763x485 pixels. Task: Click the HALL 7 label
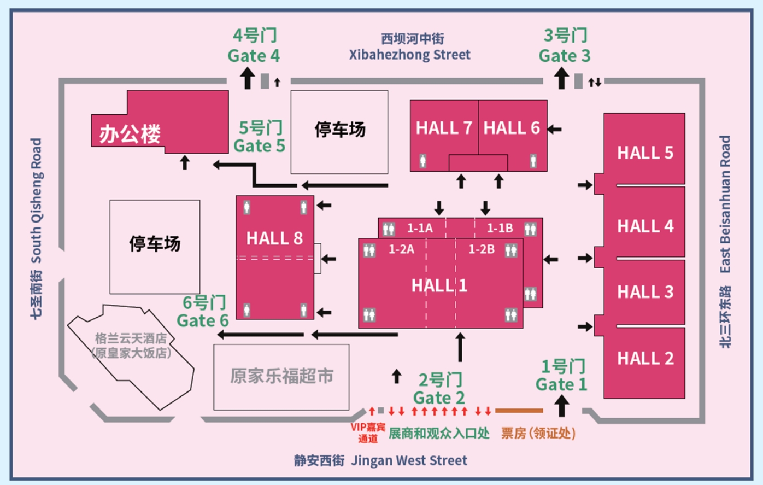(443, 128)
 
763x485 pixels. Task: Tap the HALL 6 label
(511, 128)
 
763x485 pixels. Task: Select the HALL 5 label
(645, 153)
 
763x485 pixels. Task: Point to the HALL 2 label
(645, 358)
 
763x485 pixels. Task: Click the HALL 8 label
(274, 238)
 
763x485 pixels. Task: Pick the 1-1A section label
(420, 228)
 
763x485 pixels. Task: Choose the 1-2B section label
(482, 249)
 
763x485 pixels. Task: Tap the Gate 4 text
(254, 55)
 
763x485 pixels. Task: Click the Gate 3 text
(565, 55)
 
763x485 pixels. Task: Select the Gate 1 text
(561, 384)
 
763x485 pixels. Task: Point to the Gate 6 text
(203, 320)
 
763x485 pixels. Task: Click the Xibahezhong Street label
(410, 55)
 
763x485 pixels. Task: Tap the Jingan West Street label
(409, 460)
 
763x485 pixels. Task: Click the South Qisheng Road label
(36, 200)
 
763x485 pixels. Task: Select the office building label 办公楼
(130, 134)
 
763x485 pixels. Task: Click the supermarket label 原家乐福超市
(281, 376)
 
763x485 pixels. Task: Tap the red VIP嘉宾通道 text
(368, 433)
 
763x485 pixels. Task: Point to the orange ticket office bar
(519, 411)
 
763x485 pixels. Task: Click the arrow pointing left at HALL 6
(554, 130)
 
